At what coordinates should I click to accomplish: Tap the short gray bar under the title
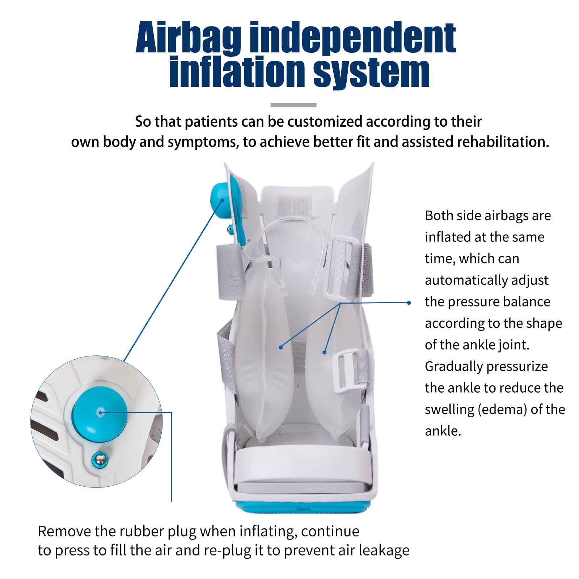tap(293, 105)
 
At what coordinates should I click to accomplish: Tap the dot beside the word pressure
tap(409, 303)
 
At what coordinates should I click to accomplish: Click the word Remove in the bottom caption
tap(64, 531)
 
